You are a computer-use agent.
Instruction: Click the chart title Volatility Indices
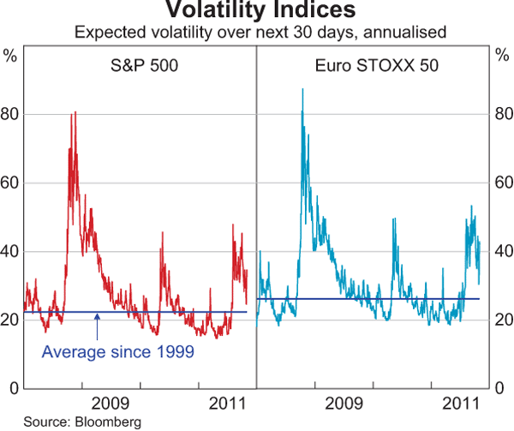tap(256, 10)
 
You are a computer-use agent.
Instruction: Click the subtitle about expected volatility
tap(256, 33)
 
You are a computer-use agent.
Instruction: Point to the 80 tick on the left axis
tap(10, 114)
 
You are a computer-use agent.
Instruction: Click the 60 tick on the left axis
tap(10, 183)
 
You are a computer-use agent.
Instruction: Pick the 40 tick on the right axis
tap(503, 251)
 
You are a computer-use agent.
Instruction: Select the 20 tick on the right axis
tap(503, 320)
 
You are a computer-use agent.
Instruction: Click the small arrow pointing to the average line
tap(99, 324)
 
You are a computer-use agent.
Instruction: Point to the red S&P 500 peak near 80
tap(75, 112)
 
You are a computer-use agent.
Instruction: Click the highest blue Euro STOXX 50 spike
tap(302, 89)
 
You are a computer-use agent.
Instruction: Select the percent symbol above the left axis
tap(10, 57)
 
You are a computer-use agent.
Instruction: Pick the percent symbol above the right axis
tap(503, 57)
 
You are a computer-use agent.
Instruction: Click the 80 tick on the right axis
tap(503, 114)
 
